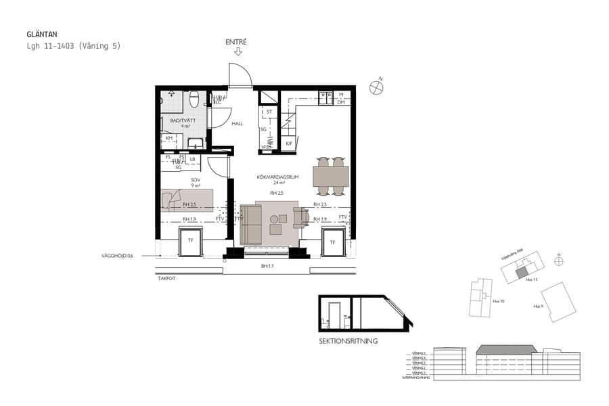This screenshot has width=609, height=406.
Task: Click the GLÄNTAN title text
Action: click(41, 34)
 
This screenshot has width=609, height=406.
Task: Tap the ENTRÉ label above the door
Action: click(237, 42)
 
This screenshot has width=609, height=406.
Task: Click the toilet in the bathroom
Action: click(194, 100)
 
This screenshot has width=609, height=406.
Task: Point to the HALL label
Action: click(238, 124)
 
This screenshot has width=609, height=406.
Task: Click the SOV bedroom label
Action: click(177, 180)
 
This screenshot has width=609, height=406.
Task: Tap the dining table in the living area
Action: click(331, 177)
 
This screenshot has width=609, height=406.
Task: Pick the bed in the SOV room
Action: click(187, 200)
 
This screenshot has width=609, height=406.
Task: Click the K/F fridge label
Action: click(288, 143)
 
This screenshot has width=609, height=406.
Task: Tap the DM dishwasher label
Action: click(342, 103)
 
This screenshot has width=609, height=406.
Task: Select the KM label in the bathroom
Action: click(169, 138)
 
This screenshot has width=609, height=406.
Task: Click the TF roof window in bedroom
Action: click(190, 242)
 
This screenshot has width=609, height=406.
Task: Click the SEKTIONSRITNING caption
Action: click(348, 342)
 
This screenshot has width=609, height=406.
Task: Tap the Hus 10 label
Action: click(497, 301)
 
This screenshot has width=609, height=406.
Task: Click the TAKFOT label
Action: click(166, 278)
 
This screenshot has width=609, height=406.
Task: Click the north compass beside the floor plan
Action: click(376, 87)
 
